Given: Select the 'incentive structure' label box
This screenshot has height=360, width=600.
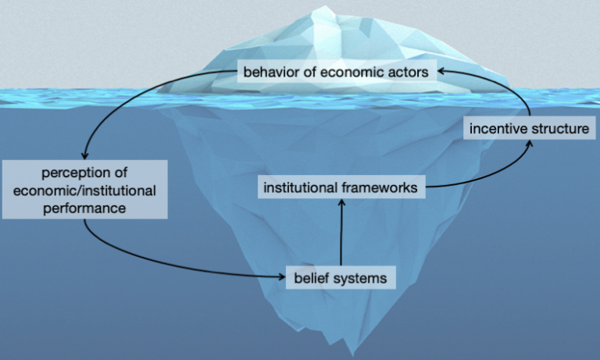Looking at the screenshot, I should click(528, 128).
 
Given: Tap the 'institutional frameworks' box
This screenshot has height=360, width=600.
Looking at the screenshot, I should click(341, 187).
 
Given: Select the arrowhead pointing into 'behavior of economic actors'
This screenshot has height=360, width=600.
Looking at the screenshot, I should click(441, 71).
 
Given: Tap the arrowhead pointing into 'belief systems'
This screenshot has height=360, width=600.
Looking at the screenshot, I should click(283, 275).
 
